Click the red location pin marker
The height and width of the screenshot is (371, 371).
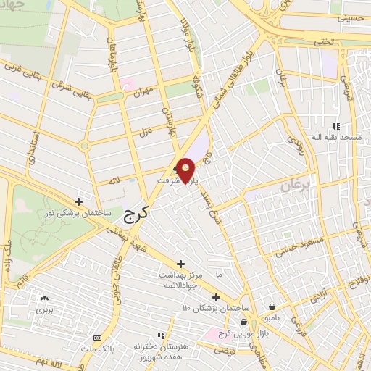coord(186,170)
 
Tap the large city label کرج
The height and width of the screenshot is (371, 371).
coord(132,214)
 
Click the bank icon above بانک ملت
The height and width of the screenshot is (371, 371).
coord(97,338)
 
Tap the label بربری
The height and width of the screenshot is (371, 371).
coord(45,309)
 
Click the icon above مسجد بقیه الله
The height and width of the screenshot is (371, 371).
coord(335,126)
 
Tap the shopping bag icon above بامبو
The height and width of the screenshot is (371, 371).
coord(271,307)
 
